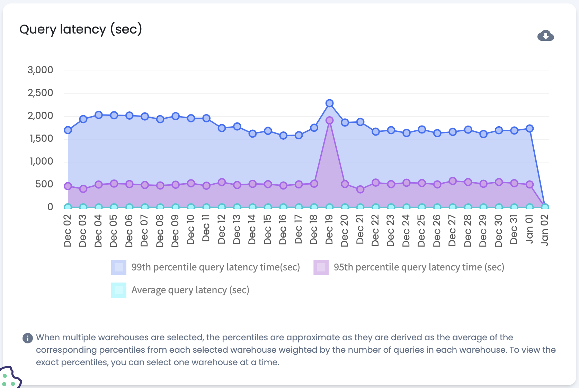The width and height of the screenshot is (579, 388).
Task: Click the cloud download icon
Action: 545,36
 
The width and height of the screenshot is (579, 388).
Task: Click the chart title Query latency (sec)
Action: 81,29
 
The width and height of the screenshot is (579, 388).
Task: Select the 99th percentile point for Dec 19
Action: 329,103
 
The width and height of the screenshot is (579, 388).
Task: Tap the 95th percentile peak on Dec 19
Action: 329,120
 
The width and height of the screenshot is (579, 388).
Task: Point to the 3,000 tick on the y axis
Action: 41,70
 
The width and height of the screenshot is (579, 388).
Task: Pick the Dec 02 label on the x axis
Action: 68,231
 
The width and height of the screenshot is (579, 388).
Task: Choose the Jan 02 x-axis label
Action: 545,230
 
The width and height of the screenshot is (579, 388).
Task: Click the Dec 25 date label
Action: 421,231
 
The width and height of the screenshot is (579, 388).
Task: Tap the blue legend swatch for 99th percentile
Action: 119,267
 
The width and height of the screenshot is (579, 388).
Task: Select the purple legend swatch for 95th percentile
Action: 321,267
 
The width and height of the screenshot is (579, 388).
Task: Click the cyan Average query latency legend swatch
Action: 119,290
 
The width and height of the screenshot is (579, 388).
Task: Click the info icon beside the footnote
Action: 28,338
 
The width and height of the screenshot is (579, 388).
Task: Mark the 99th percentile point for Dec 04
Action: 98,115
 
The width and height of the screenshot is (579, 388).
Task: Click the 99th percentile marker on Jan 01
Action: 529,128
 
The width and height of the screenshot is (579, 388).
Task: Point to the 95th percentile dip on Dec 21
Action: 360,189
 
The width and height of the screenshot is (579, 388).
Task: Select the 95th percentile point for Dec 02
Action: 68,186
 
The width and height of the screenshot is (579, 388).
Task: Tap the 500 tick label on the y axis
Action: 44,184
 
